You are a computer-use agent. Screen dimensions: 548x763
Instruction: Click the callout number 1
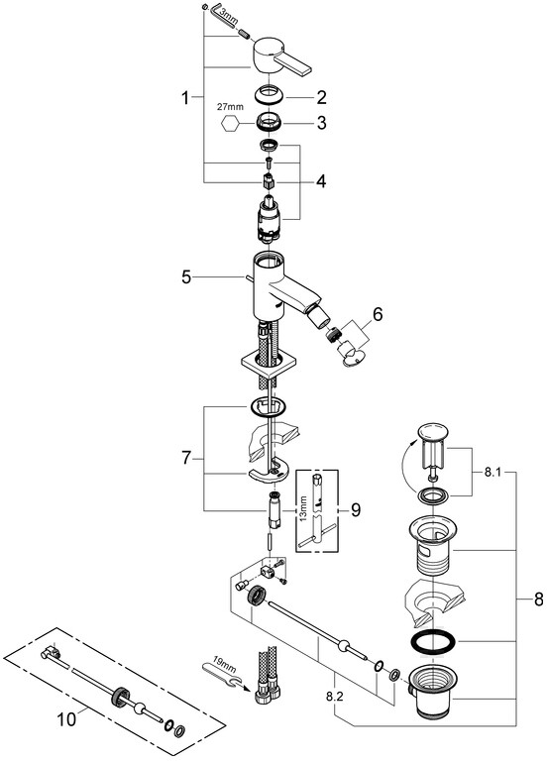(185, 99)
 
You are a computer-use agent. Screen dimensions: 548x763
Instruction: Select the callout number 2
(321, 97)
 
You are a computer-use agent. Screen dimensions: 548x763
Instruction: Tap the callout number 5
(187, 277)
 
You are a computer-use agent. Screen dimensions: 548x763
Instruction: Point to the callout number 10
(66, 719)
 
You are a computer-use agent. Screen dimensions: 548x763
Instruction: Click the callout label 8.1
(493, 473)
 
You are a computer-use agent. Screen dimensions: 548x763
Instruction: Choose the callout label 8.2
(335, 697)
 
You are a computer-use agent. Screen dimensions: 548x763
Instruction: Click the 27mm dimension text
(231, 107)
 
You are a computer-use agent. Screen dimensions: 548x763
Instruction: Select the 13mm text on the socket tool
(303, 508)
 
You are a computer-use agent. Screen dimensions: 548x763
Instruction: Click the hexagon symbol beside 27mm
(231, 124)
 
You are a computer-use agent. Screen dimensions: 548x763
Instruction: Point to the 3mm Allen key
(222, 16)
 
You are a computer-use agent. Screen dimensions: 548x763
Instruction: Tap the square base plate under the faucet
(262, 367)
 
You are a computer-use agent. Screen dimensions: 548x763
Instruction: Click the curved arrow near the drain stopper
(405, 465)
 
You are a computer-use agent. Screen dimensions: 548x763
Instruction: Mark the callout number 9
(356, 510)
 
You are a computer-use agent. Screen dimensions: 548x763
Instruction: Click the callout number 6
(378, 314)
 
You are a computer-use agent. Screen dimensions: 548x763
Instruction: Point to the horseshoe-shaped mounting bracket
(269, 471)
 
